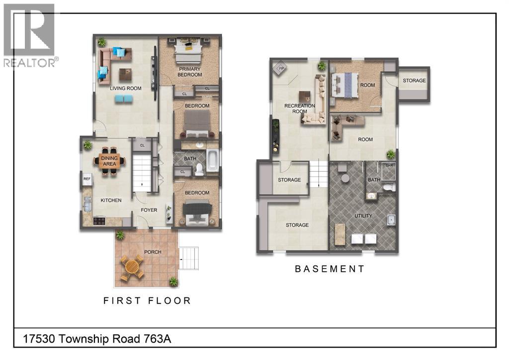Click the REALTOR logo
(30, 35)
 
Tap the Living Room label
(125, 89)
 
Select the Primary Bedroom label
(189, 72)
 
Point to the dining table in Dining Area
(109, 161)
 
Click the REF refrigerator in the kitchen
(87, 179)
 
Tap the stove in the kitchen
(99, 221)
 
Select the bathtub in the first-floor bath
(213, 161)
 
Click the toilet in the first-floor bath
(199, 169)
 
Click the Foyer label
(149, 210)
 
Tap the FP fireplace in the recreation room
(281, 69)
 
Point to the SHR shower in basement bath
(389, 171)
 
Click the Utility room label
(363, 215)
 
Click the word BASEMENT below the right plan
(330, 269)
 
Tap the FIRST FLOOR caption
(147, 301)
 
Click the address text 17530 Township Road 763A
(97, 339)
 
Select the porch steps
(188, 258)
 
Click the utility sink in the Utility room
(391, 220)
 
